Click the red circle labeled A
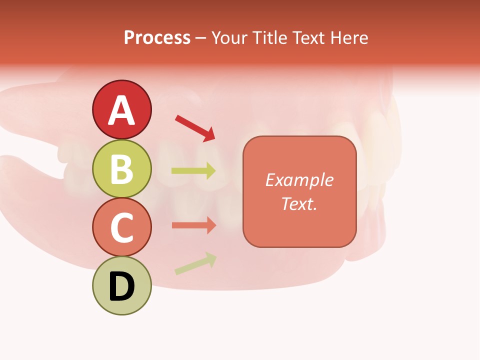click(121, 109)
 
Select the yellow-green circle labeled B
click(121, 168)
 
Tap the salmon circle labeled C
click(121, 227)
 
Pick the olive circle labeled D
click(121, 285)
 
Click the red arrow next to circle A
click(195, 127)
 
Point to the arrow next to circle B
click(193, 171)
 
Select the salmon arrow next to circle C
click(193, 225)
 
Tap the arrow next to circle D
click(195, 263)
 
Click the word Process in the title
click(157, 38)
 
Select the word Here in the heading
click(349, 38)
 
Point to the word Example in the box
click(299, 180)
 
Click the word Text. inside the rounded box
click(299, 203)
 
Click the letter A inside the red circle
click(121, 110)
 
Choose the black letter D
click(121, 286)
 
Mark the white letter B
click(121, 169)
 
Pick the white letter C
click(121, 227)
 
